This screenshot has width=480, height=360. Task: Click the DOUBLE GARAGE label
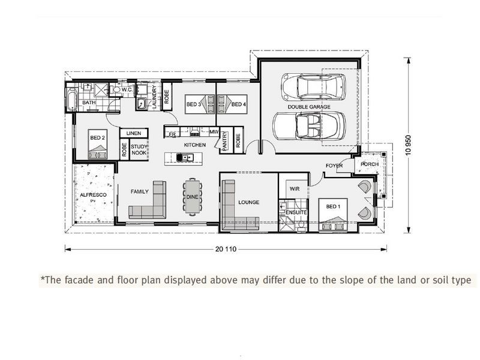tap(310, 106)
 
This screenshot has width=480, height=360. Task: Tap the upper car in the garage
tap(310, 88)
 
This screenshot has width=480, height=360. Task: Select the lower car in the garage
tap(309, 126)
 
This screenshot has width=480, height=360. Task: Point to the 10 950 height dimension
tap(409, 145)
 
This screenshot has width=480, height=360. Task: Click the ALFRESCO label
tap(94, 195)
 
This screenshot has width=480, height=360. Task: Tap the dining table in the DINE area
tap(192, 196)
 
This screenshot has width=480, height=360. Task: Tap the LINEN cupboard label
tap(133, 133)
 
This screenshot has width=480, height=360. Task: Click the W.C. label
tap(127, 90)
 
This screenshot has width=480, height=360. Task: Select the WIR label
tap(294, 188)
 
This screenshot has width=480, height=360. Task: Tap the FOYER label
tap(334, 166)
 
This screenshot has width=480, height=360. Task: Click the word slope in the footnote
tap(341, 280)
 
